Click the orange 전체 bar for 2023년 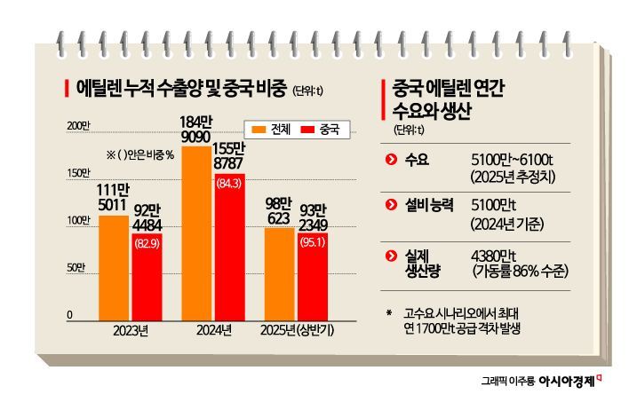point(113,266)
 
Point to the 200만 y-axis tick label point(79,126)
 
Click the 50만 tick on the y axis point(79,267)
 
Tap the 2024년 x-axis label point(213,331)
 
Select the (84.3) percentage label point(230,184)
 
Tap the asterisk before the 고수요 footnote point(389,311)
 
